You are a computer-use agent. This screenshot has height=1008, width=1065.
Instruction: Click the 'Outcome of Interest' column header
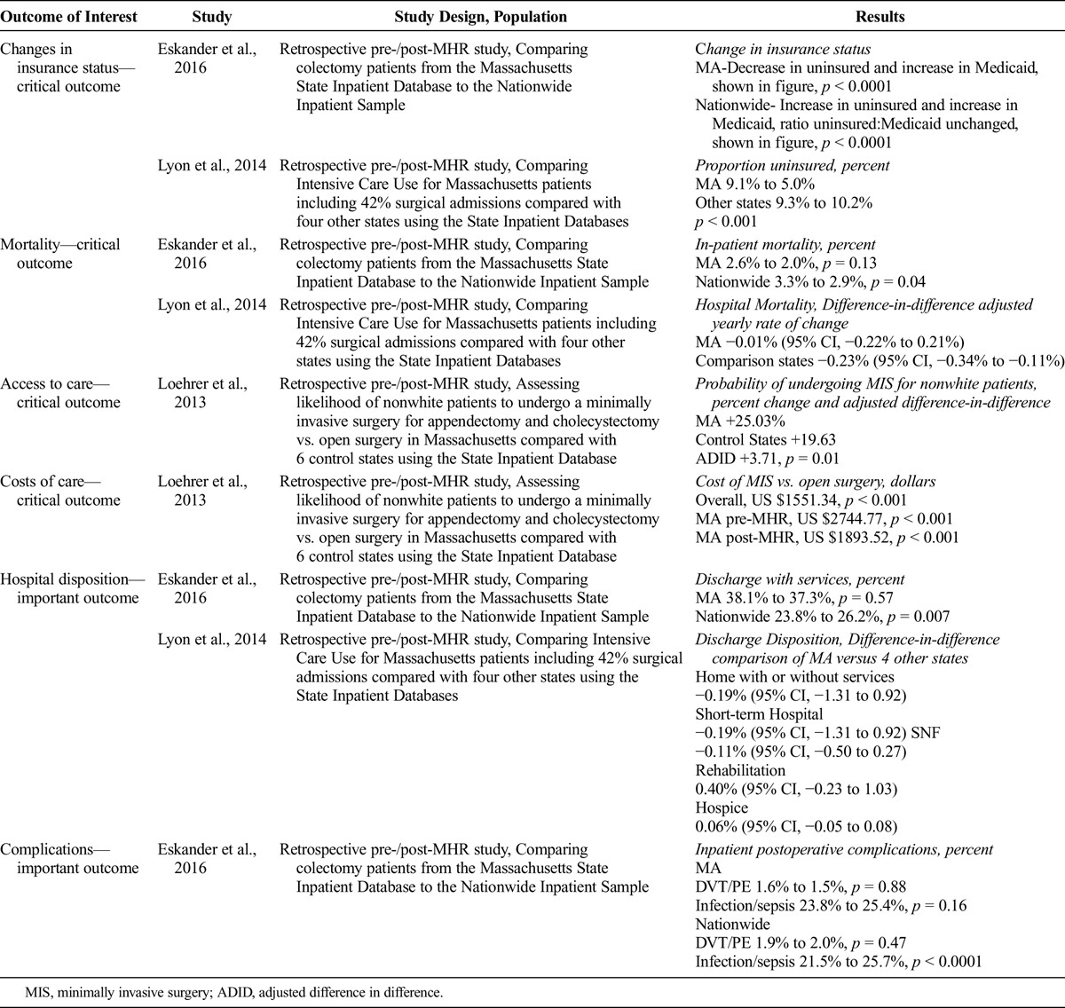click(68, 16)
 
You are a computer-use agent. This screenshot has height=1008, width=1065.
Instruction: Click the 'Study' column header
click(211, 16)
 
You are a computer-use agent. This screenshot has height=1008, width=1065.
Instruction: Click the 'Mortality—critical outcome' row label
click(60, 254)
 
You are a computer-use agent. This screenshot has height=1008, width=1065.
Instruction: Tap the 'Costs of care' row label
click(60, 491)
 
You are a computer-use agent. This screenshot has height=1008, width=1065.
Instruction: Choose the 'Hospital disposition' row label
click(70, 588)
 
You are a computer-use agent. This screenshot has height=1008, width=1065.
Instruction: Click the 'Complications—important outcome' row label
click(70, 859)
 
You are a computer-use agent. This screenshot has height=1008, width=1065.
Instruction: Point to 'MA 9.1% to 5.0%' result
click(752, 185)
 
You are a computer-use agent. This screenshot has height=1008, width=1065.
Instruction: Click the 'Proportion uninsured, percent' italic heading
click(793, 166)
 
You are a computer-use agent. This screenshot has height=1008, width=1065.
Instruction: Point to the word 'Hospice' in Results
click(722, 808)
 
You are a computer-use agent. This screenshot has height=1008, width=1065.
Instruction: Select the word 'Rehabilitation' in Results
click(740, 770)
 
